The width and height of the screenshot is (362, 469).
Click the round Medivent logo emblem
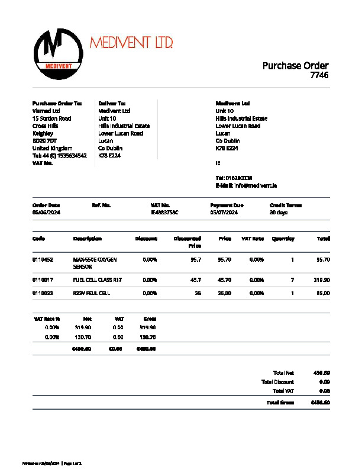point(58,53)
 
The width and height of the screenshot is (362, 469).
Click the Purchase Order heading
point(295,66)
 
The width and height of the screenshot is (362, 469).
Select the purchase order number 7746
point(319,75)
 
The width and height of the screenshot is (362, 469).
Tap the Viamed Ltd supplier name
point(46,111)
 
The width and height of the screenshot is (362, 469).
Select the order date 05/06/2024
point(46,212)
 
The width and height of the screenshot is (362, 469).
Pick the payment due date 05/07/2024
point(224,212)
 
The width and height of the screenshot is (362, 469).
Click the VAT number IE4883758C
point(165,212)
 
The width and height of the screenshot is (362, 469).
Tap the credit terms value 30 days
point(279,212)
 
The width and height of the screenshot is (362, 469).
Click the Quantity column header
point(283,239)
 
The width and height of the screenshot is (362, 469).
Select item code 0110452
point(43,259)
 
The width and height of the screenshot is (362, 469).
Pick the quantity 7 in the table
point(292,280)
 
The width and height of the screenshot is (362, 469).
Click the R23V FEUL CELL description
point(91,293)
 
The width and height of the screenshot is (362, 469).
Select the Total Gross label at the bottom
point(280,403)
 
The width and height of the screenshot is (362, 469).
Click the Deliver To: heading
point(112,103)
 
